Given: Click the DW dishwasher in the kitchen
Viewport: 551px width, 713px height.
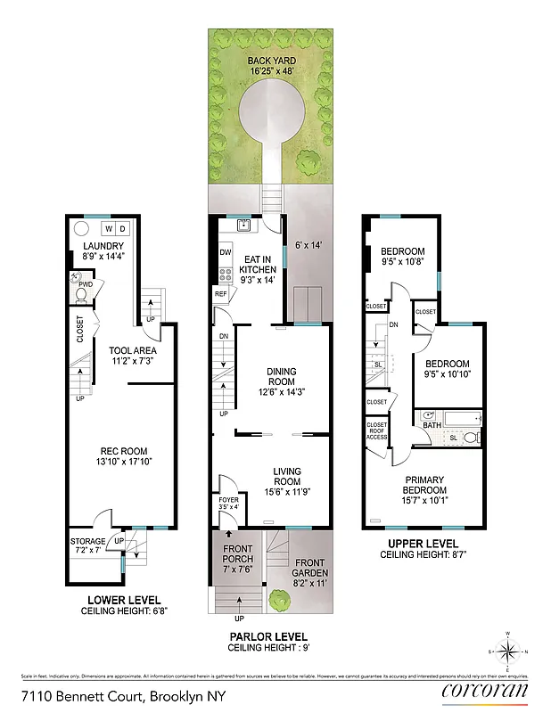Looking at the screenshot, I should point(225,252).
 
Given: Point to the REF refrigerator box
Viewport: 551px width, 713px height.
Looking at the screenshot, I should point(221,292).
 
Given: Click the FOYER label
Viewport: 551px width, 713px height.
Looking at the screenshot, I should point(229,500).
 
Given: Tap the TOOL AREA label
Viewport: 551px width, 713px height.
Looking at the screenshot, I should point(133,350).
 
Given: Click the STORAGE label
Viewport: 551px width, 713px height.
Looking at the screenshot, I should point(88,541).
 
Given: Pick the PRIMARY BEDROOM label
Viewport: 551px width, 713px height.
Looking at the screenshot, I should point(423,485).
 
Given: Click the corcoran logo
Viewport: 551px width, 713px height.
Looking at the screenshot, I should point(484,692).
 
